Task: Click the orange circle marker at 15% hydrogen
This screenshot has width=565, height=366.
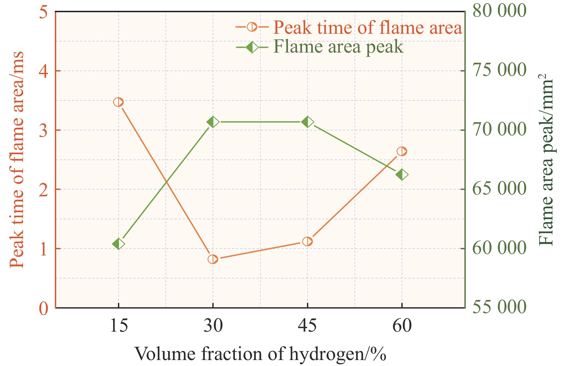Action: point(118,102)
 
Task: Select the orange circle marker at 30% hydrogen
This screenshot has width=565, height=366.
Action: point(213,259)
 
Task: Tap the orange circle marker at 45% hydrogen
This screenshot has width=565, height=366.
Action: point(307,241)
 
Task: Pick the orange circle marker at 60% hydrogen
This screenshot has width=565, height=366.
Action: point(402,151)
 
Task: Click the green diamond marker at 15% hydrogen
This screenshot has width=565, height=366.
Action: point(118,244)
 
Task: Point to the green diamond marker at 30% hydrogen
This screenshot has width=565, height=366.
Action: point(213,122)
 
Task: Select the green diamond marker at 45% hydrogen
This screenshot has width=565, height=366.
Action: point(307,122)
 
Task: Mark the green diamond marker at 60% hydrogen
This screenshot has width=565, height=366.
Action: point(402,175)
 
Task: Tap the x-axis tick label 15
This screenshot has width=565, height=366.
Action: point(118,326)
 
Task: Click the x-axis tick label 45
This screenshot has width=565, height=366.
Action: point(307,326)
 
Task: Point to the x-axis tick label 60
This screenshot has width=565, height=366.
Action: point(402,326)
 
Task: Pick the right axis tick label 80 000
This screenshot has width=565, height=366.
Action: point(499,11)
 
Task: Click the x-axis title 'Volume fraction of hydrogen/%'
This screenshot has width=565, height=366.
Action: point(260,354)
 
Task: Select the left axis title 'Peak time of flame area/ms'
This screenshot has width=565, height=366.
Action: point(17,160)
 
